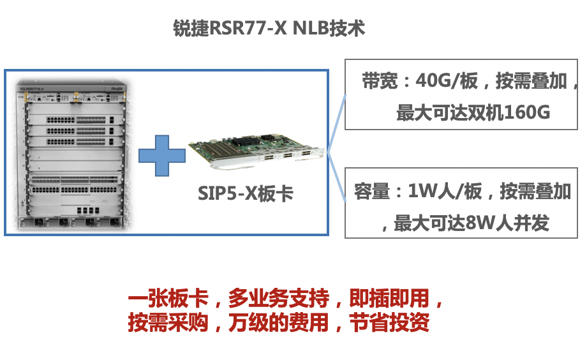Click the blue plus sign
pos(162,156)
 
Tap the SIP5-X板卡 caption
pos(246,193)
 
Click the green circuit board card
pos(256,152)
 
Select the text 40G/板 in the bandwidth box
pos(447,81)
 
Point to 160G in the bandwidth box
pos(527,112)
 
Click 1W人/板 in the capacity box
pos(445,191)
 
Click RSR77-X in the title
pos(248,28)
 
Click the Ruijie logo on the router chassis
pos(117,89)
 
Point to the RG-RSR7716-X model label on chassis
pos(32,89)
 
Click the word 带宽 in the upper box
pos(380,81)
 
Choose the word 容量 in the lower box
pos(372,191)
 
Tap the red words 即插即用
pos(389,298)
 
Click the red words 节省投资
pos(389,322)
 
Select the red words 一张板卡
pos(168,298)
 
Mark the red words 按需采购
pos(168,322)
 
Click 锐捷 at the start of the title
pos(191,28)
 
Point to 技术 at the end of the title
pos(347,28)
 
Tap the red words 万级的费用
pos(279,322)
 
